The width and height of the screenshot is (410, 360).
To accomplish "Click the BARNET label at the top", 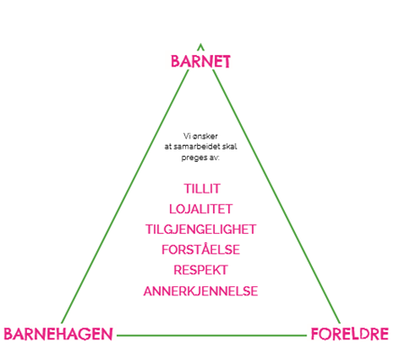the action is (x=201, y=61).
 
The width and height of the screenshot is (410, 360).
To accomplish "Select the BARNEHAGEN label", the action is (x=58, y=334).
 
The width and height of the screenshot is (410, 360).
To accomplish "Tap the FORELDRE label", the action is (x=350, y=334).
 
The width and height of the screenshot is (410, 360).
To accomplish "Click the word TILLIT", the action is (x=202, y=189).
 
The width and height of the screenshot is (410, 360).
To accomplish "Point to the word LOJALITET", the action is (x=201, y=209).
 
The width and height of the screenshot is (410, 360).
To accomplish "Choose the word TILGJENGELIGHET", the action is (x=201, y=229).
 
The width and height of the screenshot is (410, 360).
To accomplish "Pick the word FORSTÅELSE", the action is (x=201, y=249).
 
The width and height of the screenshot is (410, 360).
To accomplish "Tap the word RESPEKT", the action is (x=201, y=270).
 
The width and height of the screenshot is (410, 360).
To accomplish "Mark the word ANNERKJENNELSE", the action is (x=201, y=292).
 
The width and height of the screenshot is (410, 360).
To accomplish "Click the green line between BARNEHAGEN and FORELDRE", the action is (x=212, y=336).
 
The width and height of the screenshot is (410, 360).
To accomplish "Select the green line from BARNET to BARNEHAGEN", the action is (x=125, y=196).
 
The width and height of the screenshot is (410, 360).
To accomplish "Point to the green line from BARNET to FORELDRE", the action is (x=276, y=196).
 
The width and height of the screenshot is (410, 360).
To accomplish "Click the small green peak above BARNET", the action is (x=201, y=45).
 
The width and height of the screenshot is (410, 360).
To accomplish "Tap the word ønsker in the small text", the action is (x=205, y=137).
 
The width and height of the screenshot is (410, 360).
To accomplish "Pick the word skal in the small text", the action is (x=230, y=147).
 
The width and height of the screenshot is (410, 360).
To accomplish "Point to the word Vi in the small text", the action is (x=187, y=136).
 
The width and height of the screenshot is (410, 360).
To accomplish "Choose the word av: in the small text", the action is (x=214, y=157).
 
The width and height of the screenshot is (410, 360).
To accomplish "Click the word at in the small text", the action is (x=168, y=147).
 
